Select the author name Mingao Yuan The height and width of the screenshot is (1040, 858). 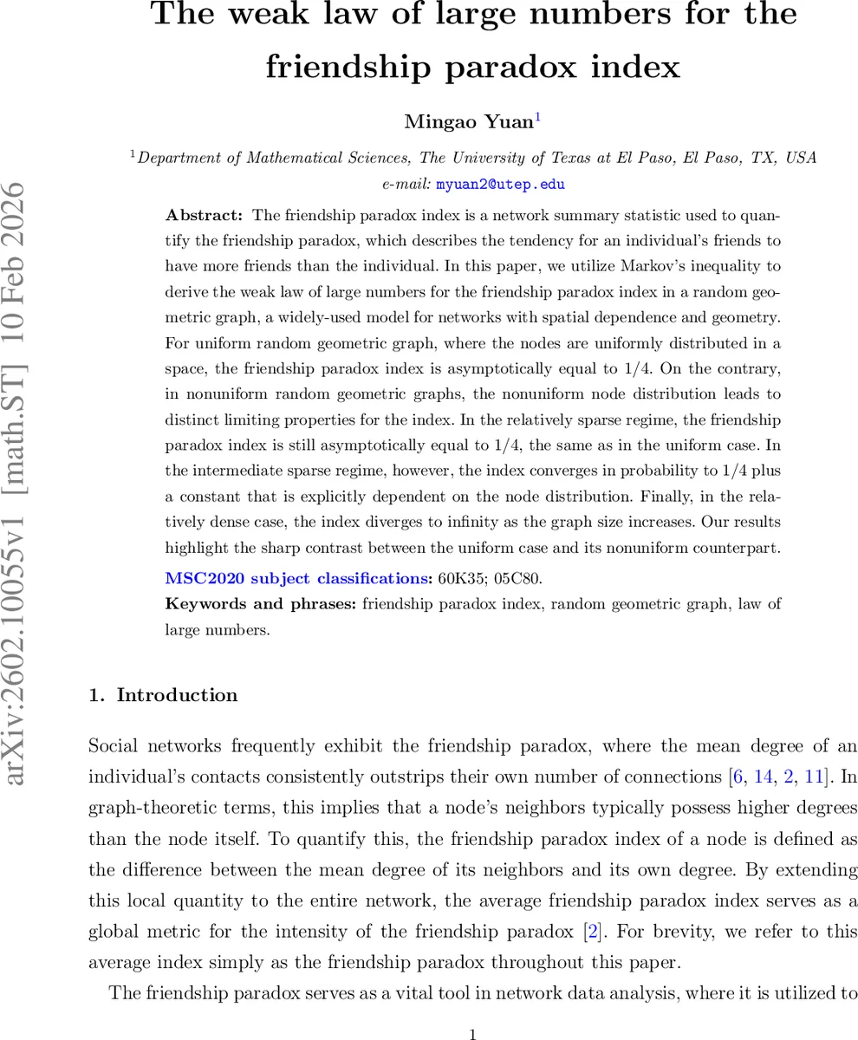[468, 122]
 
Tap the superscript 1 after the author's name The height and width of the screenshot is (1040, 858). [537, 118]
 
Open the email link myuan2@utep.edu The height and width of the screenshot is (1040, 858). [500, 185]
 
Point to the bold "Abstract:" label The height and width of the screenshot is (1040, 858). [204, 215]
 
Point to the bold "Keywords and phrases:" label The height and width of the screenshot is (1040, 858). [260, 604]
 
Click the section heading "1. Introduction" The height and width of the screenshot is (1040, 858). [163, 695]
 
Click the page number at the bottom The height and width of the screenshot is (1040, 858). [472, 1034]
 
